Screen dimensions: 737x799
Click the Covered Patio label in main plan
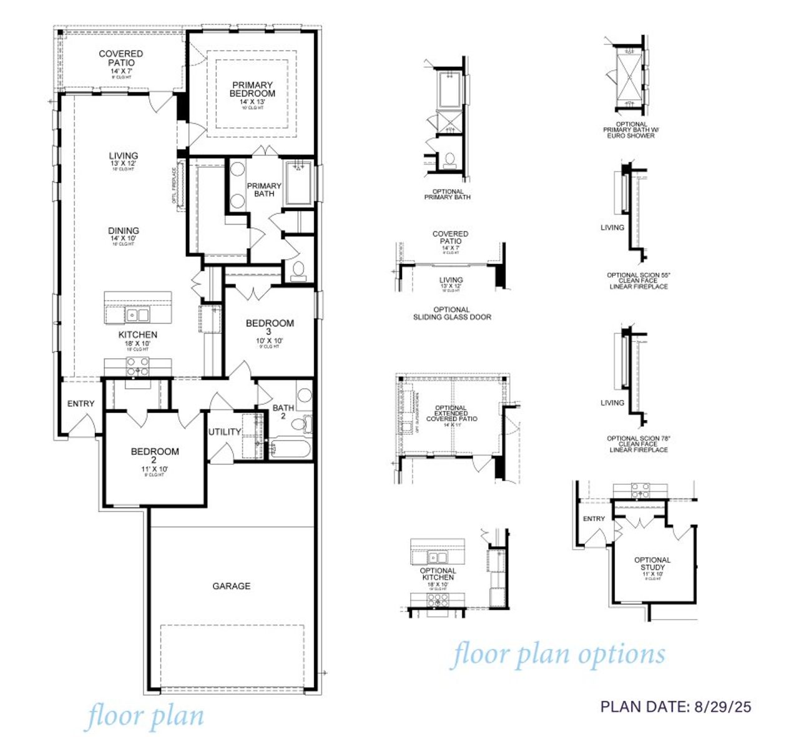[121, 59]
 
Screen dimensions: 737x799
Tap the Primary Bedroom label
[252, 89]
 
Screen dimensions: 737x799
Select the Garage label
[231, 586]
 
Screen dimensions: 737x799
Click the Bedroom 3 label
[270, 328]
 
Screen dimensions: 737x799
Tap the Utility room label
[224, 432]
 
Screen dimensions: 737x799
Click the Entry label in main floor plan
[81, 404]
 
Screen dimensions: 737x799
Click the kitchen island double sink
[137, 315]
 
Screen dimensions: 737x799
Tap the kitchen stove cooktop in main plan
[138, 370]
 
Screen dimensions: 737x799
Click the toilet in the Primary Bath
[298, 270]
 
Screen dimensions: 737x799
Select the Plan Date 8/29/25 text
[675, 706]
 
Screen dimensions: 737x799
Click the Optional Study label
[652, 564]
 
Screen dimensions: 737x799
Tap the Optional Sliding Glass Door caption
[452, 313]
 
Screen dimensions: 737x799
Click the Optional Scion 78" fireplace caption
[637, 444]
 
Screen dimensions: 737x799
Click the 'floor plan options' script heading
[557, 655]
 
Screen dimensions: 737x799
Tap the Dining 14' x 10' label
[123, 234]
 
